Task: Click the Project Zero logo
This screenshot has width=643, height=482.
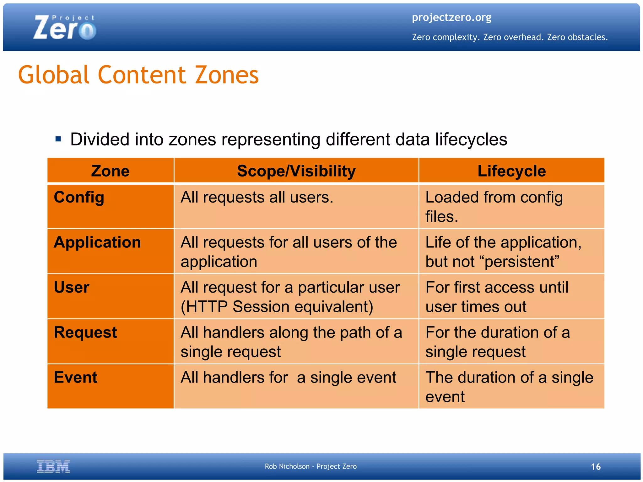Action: coord(64,28)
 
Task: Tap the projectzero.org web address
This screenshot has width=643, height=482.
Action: coord(451,18)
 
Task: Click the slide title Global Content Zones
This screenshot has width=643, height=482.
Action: coord(138,75)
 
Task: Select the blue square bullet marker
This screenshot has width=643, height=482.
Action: coord(58,139)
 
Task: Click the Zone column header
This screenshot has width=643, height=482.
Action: coord(110,171)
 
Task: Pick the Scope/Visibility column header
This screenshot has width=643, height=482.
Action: coord(296,171)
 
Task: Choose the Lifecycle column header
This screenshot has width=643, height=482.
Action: coord(511,171)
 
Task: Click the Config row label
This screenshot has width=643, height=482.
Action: coord(79,197)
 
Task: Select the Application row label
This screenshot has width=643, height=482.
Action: coord(97,242)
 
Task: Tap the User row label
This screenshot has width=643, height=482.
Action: coord(72,287)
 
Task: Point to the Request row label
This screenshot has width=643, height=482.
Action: coord(85,332)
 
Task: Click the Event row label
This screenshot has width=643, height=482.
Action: coord(75,377)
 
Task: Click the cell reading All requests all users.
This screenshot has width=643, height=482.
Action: coord(257,198)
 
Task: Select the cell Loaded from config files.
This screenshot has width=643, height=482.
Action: coord(494,207)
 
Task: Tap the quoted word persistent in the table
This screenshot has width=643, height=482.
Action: coord(522,262)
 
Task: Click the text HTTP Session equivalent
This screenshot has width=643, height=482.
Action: coord(277,307)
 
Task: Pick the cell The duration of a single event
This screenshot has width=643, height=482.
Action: coord(509,387)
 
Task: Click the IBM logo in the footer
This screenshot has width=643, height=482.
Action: coord(53,466)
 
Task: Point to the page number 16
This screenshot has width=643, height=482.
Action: coord(596,467)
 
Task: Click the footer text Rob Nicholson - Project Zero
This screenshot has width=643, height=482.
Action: coord(311,466)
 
